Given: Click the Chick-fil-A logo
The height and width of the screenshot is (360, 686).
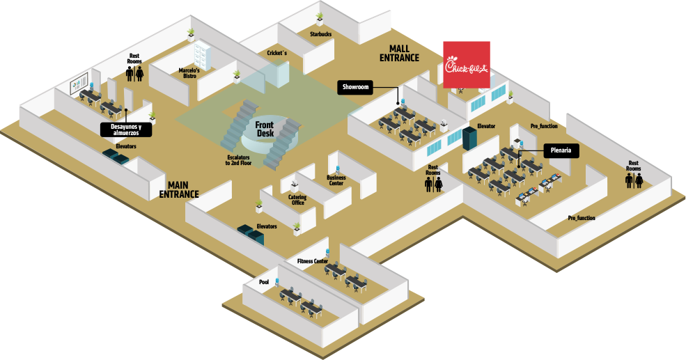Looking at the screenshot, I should pos(467,65).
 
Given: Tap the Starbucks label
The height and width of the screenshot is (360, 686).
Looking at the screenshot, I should pos(320,33).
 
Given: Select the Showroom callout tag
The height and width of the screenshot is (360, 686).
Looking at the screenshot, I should pos(355,87).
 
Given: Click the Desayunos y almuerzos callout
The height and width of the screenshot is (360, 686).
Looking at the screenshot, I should pos(125,130).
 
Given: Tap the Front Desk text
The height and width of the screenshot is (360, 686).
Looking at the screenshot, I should pos(265,128).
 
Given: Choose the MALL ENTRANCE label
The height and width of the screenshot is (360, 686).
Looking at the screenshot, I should pos(399,53).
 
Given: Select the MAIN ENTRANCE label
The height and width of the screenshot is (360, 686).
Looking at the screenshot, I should pos(179,189).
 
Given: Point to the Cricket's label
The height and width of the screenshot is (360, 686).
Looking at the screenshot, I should pos(276,53).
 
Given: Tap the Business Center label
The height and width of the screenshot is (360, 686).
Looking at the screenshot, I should pos(336,180).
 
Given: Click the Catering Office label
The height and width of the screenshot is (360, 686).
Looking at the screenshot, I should pos(297,200).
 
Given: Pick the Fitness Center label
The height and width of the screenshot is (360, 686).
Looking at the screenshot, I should pos(312,261).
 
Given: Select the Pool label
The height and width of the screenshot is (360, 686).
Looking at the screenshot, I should pos(263,282).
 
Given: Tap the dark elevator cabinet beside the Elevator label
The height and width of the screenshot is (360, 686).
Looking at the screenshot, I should pos(471,139).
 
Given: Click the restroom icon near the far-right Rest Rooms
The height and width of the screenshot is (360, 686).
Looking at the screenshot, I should pos(633,181).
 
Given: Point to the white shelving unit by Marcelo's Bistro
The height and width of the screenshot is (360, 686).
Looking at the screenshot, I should pos(203,54).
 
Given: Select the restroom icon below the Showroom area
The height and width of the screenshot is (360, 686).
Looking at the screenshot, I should pos(433,184).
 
